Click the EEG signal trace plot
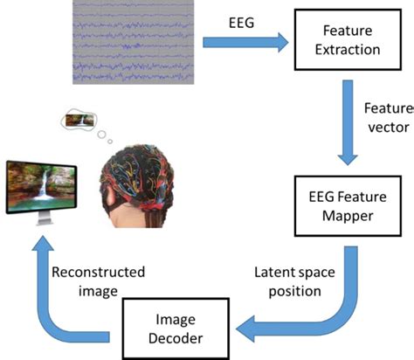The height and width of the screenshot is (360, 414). click(x=130, y=41)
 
